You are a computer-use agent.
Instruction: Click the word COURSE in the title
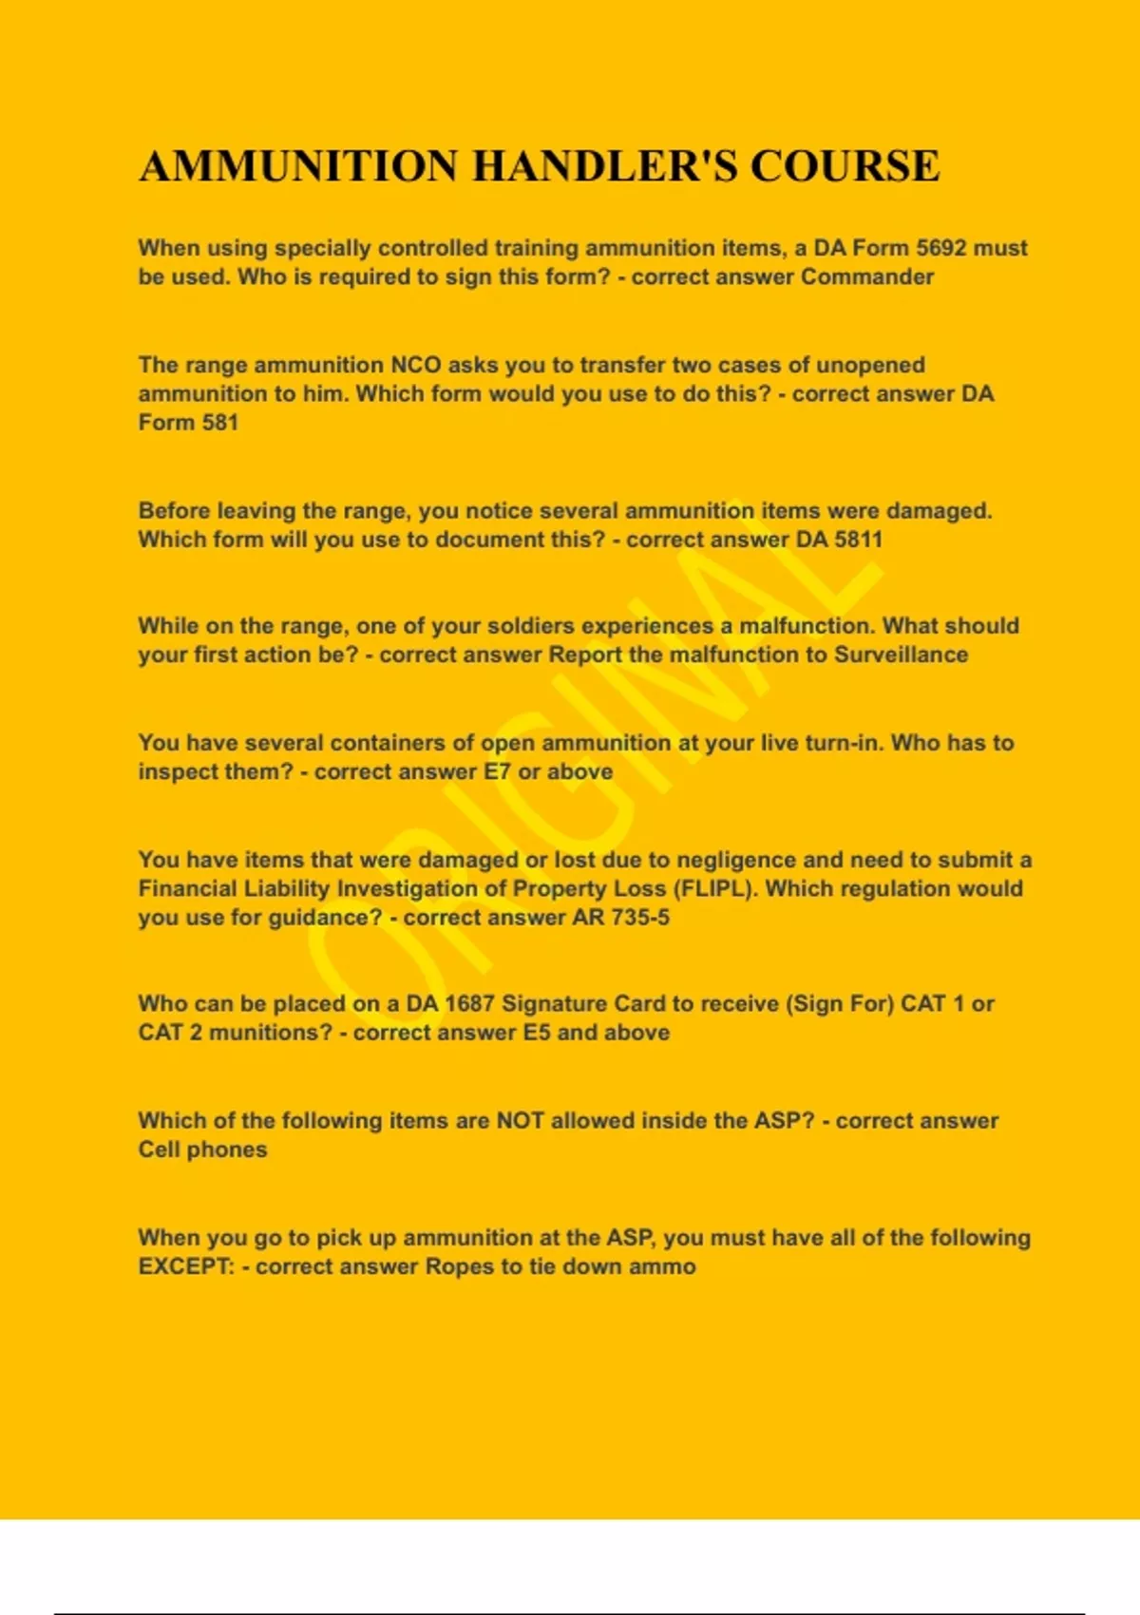pyautogui.click(x=845, y=166)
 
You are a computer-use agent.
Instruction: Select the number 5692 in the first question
pyautogui.click(x=942, y=248)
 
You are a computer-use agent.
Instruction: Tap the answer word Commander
pyautogui.click(x=867, y=276)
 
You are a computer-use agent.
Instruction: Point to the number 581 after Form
pyautogui.click(x=219, y=422)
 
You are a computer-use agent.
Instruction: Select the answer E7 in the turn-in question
pyautogui.click(x=497, y=771)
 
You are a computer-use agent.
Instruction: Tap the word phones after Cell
pyautogui.click(x=227, y=1149)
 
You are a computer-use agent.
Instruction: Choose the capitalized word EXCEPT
pyautogui.click(x=185, y=1266)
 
